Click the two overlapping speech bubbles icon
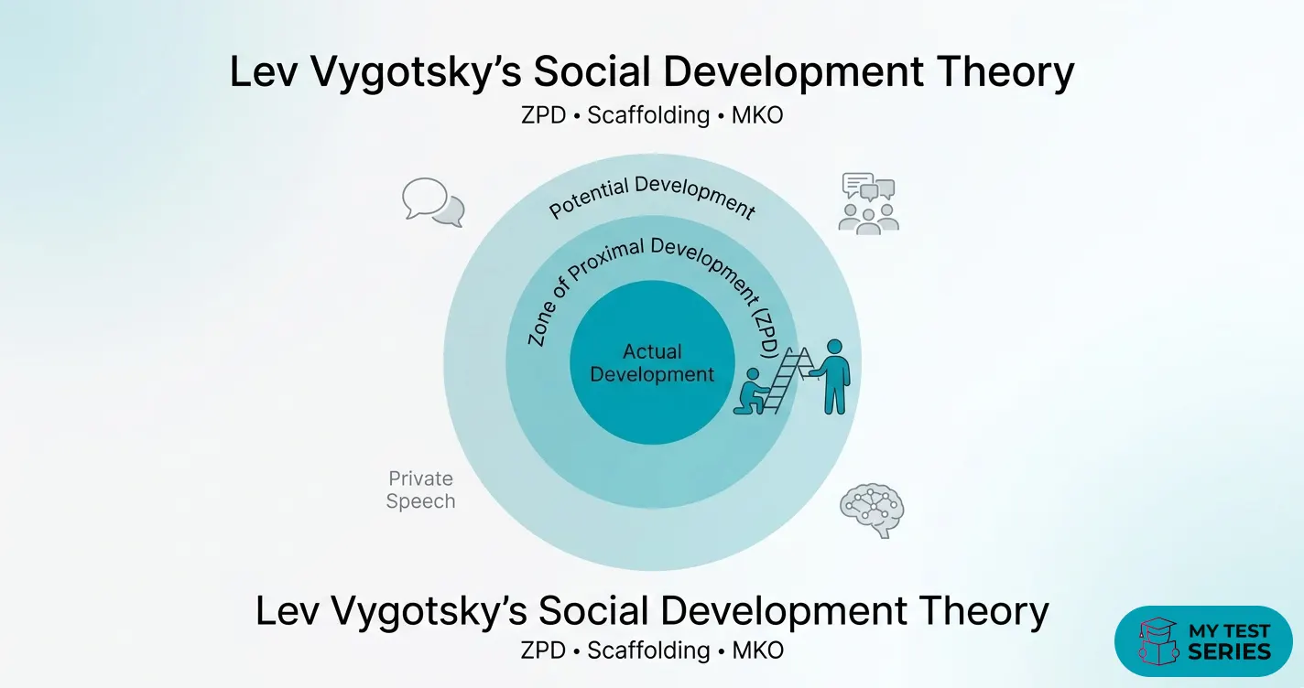click(x=432, y=202)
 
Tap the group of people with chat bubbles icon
click(x=869, y=203)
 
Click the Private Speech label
click(x=420, y=489)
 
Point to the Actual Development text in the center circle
click(x=652, y=363)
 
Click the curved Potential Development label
click(x=652, y=196)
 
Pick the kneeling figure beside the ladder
click(x=751, y=393)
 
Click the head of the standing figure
click(x=833, y=348)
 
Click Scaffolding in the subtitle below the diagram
click(x=648, y=650)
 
